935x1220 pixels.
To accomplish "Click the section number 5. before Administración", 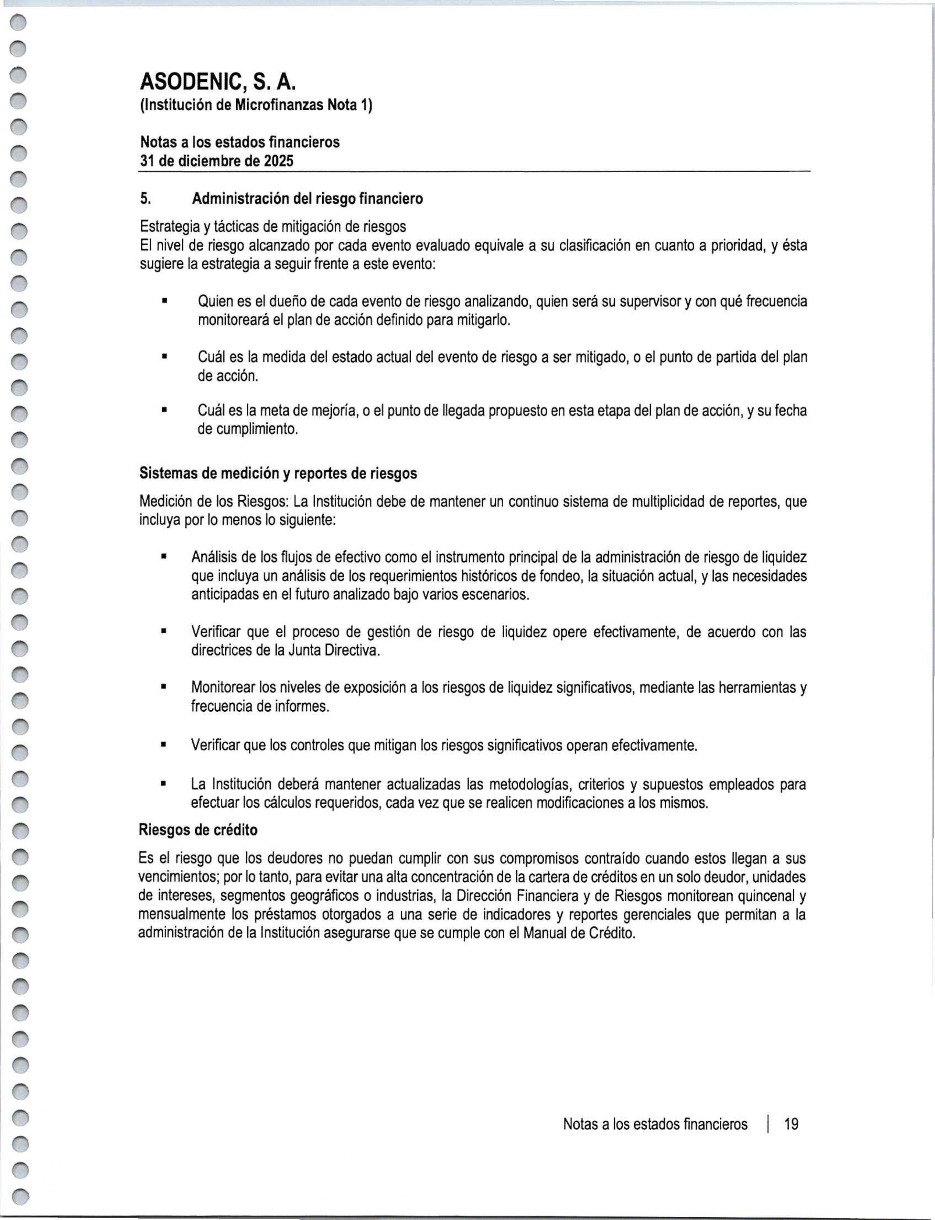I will (x=145, y=199).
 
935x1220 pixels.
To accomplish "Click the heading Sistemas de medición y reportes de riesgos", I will (x=278, y=474).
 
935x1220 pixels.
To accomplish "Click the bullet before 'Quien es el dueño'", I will (x=164, y=302).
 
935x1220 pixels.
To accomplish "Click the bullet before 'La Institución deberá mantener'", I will (x=164, y=785).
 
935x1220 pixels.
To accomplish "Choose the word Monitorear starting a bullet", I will (x=223, y=688).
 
